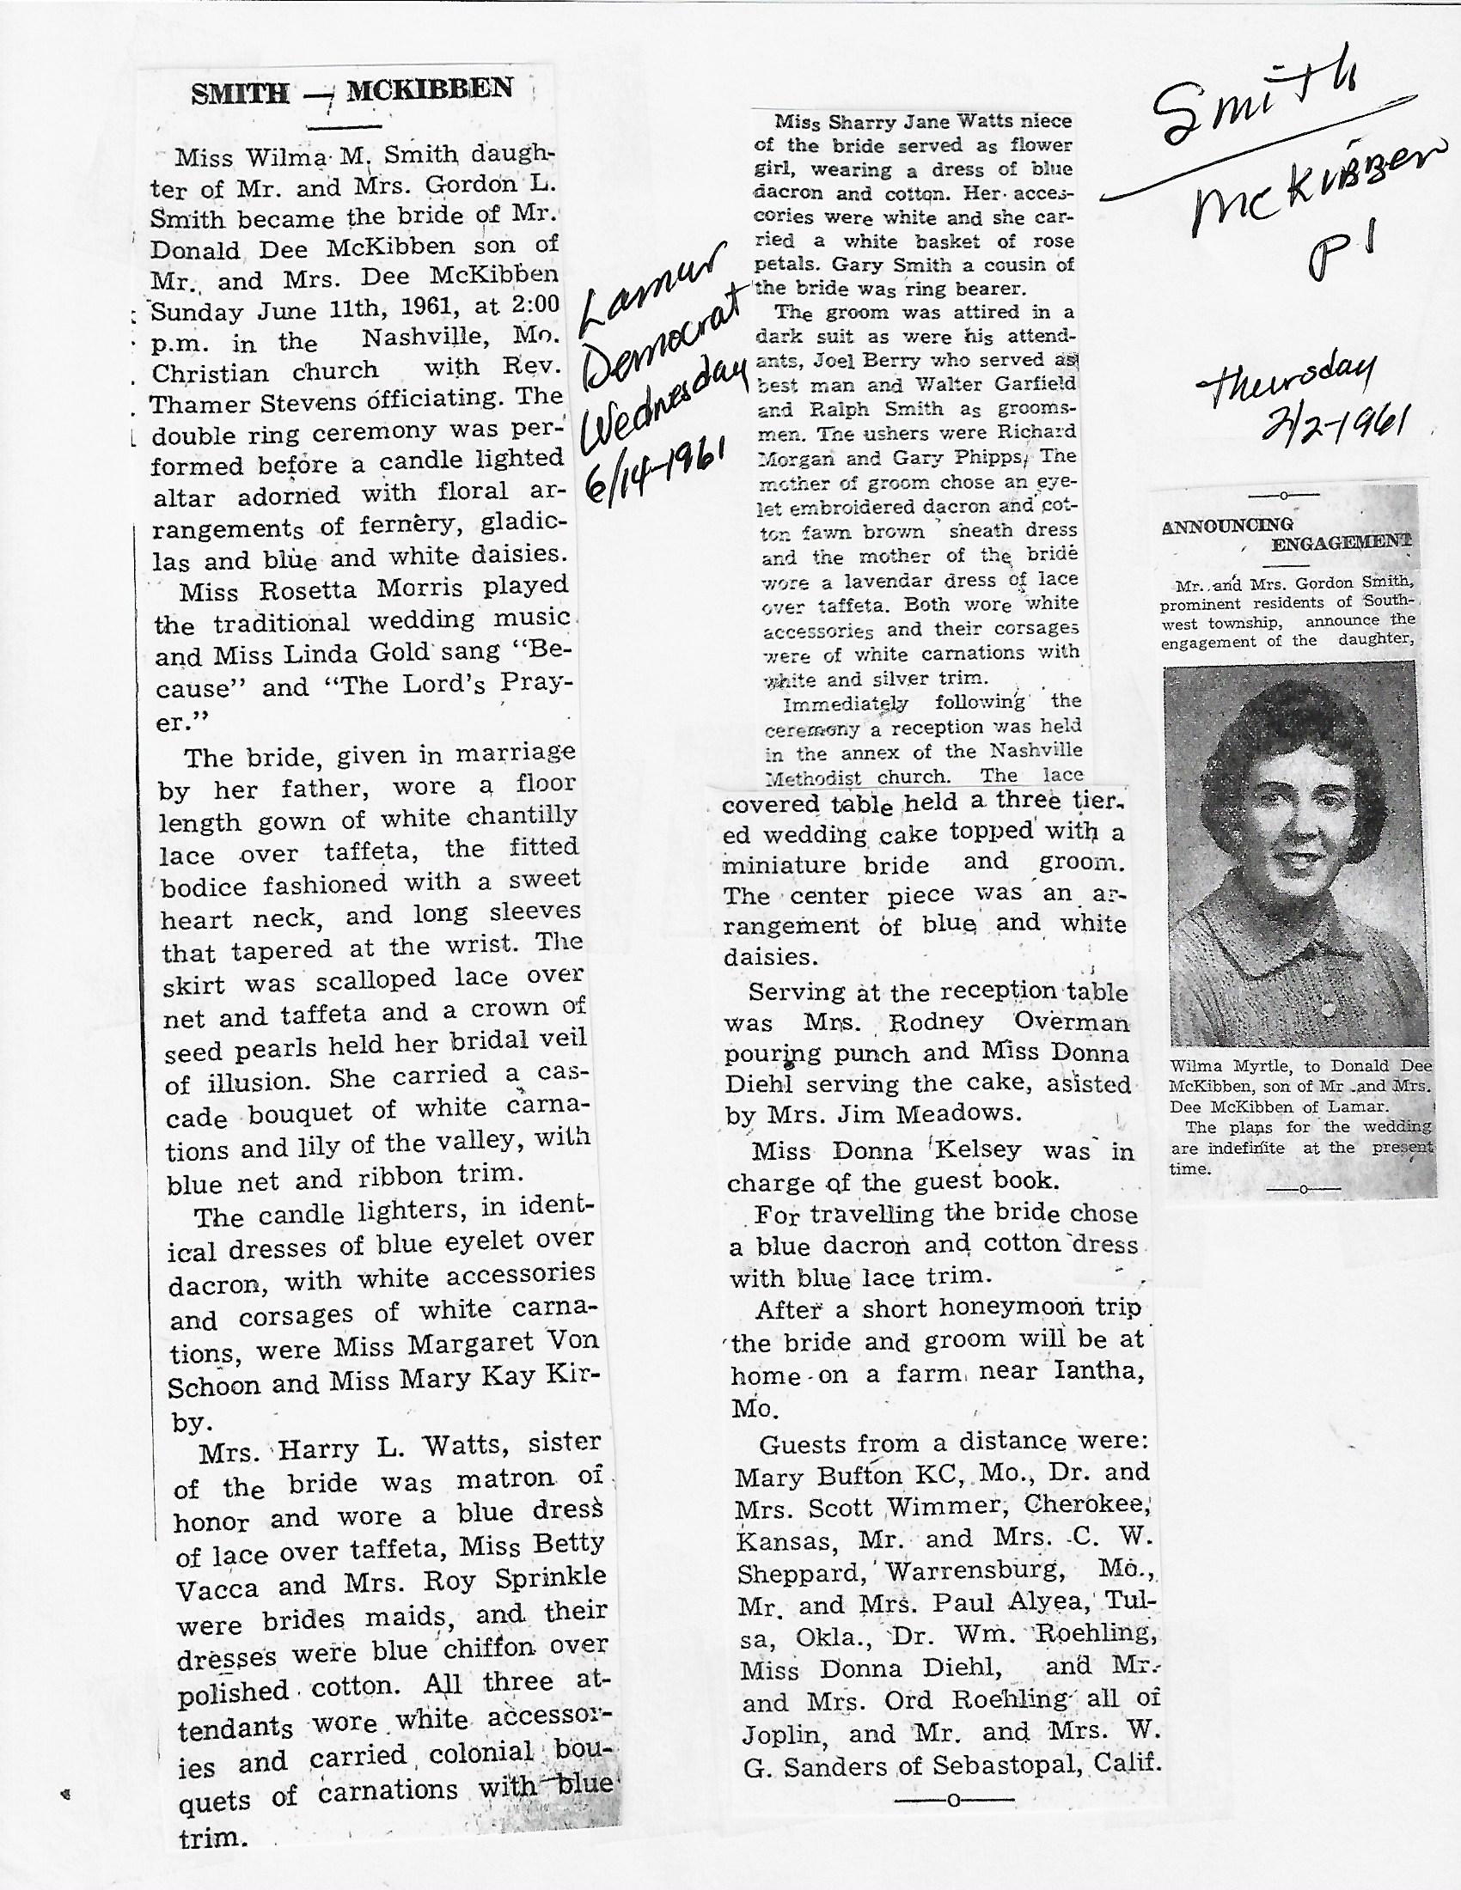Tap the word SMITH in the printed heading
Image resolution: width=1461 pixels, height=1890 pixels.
pyautogui.click(x=240, y=94)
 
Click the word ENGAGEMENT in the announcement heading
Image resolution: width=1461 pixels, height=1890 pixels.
pyautogui.click(x=1340, y=543)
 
